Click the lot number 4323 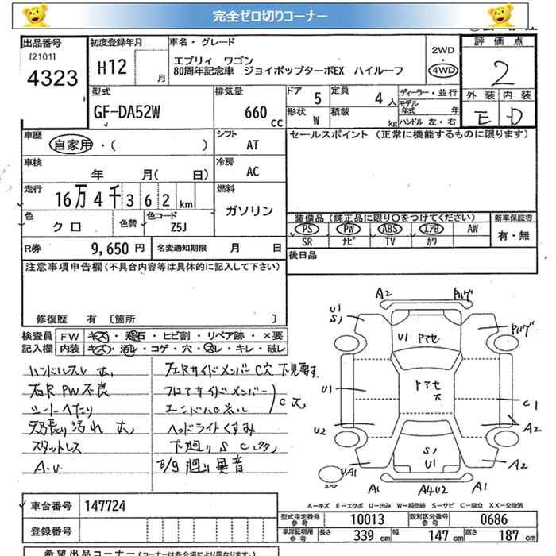(51, 78)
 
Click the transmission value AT (253, 145)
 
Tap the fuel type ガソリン (249, 211)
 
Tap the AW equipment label (473, 229)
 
